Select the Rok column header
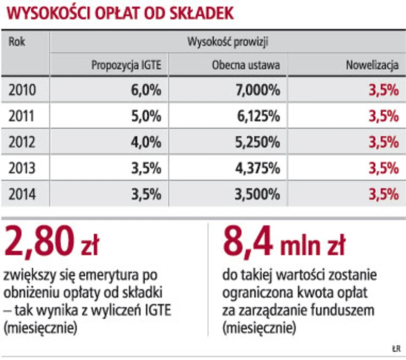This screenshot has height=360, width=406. tap(17, 42)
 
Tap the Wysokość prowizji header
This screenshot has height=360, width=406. tap(227, 42)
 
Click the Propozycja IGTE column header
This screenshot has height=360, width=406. tap(126, 66)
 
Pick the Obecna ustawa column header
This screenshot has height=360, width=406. tap(246, 66)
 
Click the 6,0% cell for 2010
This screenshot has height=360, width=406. tap(145, 91)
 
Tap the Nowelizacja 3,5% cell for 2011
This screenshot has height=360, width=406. tap(384, 116)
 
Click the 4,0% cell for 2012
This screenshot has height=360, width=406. tap(145, 142)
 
